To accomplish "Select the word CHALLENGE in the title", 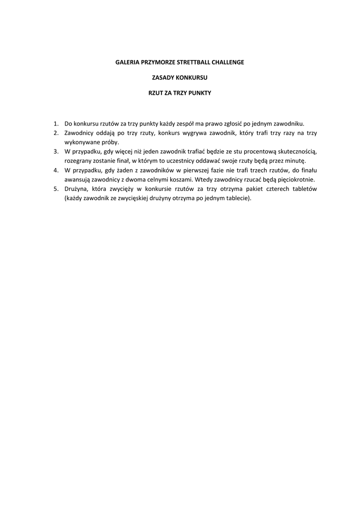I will pyautogui.click(x=228, y=63).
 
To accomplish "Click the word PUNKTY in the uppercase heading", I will pyautogui.click(x=201, y=93).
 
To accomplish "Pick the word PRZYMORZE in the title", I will pyautogui.click(x=156, y=63).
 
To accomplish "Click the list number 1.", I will pyautogui.click(x=56, y=124).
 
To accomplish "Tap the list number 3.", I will pyautogui.click(x=56, y=151).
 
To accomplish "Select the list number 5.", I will pyautogui.click(x=56, y=189).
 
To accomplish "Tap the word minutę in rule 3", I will pyautogui.click(x=294, y=161).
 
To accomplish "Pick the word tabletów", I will pyautogui.click(x=302, y=189).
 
